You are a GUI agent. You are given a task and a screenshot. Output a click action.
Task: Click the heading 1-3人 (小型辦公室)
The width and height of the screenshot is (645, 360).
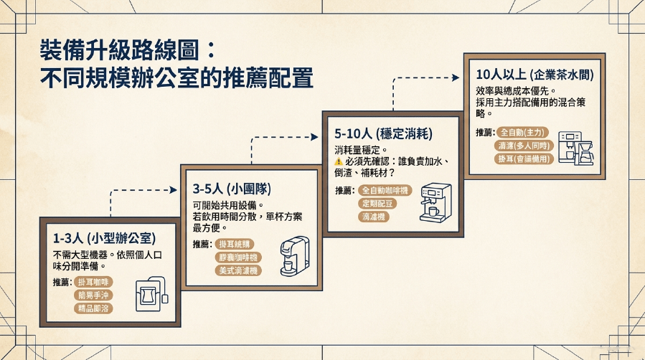point(105,238)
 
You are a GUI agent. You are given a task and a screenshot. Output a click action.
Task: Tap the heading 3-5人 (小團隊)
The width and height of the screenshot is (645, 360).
point(232,189)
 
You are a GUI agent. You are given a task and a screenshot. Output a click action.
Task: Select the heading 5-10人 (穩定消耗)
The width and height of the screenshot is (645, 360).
point(383,133)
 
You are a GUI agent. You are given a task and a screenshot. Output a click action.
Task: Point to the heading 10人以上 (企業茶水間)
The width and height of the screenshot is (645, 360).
point(535,75)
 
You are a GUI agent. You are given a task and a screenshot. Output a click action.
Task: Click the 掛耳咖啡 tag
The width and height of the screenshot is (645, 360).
point(93,282)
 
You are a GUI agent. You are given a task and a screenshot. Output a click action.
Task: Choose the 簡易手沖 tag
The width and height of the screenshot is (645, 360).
point(93,295)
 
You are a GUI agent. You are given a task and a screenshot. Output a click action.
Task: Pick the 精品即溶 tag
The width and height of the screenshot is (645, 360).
point(93,308)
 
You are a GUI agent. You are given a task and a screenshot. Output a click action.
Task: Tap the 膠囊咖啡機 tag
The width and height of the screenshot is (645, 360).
point(238,257)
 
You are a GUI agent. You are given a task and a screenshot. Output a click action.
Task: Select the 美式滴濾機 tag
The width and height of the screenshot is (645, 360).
point(238,270)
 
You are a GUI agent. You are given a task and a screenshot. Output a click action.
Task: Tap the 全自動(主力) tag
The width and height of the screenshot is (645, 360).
point(522,133)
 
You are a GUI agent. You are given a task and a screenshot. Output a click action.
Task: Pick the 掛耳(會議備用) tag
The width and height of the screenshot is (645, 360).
point(524,158)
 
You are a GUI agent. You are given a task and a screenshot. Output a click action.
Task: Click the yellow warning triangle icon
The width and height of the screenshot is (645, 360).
point(339,161)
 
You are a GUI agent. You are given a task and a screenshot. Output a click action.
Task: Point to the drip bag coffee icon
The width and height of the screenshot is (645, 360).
point(152,294)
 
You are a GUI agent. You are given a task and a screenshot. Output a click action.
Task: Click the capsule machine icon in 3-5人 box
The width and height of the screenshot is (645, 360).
point(295,255)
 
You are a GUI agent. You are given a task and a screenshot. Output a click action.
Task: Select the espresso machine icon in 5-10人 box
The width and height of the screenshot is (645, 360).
point(436,203)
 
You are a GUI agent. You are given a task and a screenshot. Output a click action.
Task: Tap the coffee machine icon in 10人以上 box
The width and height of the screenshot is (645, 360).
point(576,148)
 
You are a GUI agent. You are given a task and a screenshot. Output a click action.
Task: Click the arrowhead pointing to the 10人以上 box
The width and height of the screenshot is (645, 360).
point(456,77)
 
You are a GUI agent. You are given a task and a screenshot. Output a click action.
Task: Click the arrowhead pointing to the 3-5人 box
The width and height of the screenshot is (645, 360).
point(173,190)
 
